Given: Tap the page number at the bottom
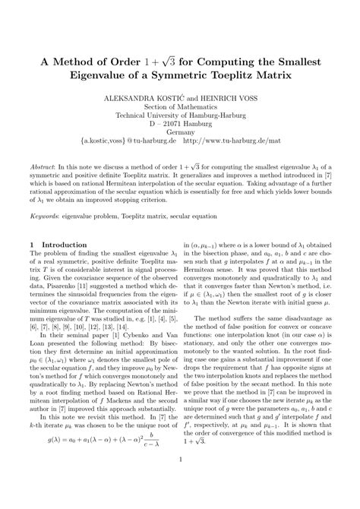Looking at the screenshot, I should coord(180,479).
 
